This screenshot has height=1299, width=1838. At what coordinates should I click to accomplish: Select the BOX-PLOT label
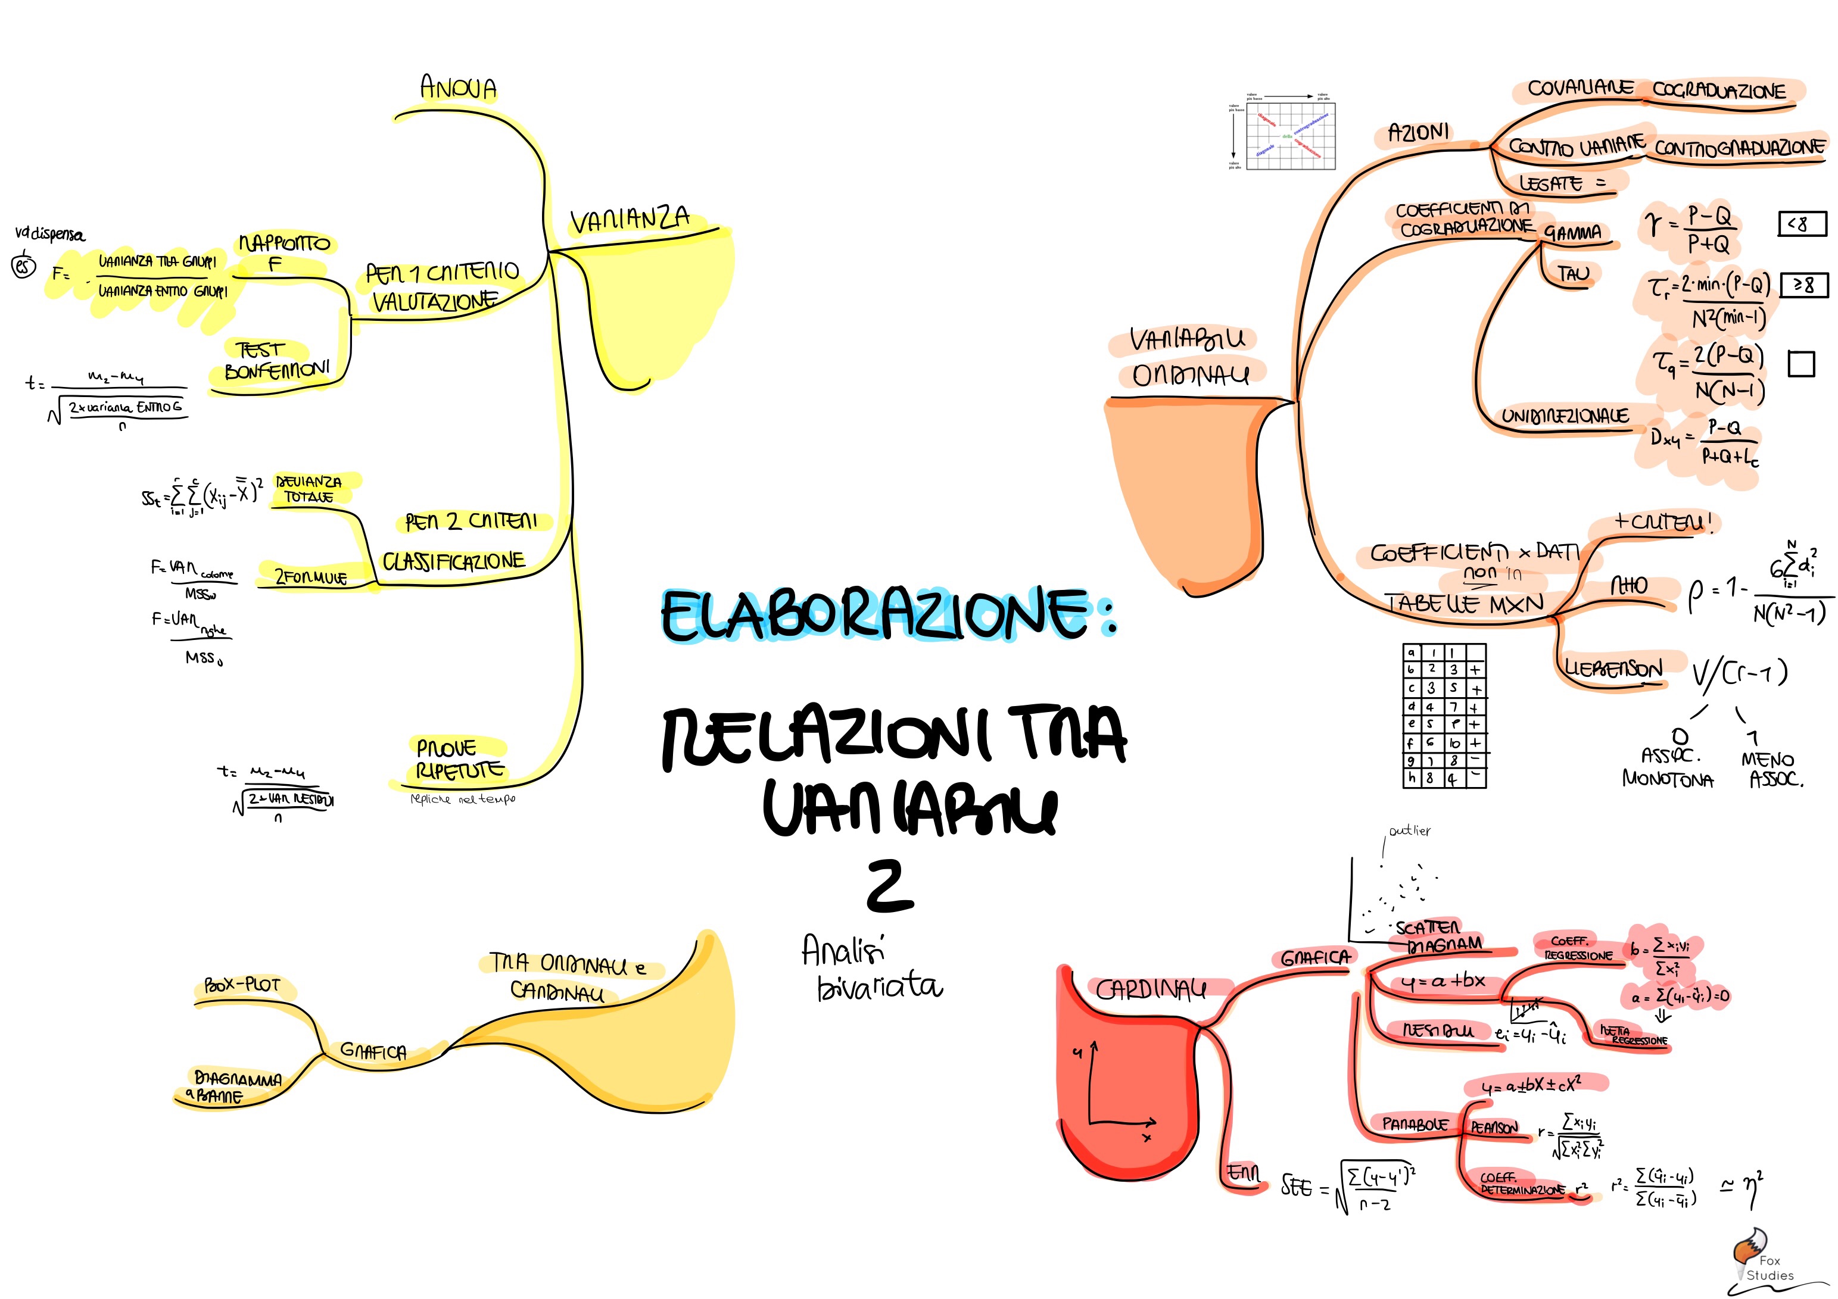tap(242, 985)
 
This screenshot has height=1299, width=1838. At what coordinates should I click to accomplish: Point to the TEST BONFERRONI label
tap(276, 361)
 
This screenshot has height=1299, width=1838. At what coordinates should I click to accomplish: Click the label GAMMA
tap(1572, 233)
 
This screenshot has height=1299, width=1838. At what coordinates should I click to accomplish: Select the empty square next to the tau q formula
tap(1801, 364)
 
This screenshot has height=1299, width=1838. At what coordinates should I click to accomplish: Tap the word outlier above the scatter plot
tap(1409, 831)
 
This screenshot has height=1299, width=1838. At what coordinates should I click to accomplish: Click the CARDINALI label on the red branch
tap(1150, 991)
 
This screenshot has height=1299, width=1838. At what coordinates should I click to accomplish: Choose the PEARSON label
tap(1494, 1128)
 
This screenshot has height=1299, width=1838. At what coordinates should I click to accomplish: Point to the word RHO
tap(1629, 586)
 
